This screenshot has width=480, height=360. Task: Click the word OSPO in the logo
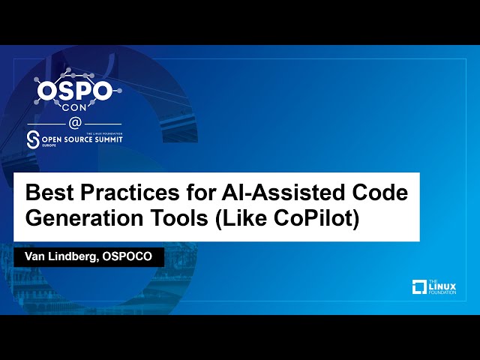pyautogui.click(x=76, y=91)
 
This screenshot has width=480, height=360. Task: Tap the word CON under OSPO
pyautogui.click(x=76, y=106)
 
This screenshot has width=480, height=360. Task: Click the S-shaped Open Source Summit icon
pyautogui.click(x=32, y=139)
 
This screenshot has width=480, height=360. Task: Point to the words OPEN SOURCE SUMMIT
pyautogui.click(x=82, y=139)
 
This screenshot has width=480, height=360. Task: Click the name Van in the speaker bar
pyautogui.click(x=36, y=256)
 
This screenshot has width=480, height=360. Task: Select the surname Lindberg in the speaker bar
pyautogui.click(x=78, y=257)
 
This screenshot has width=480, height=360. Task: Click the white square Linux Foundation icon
pyautogui.click(x=419, y=286)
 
